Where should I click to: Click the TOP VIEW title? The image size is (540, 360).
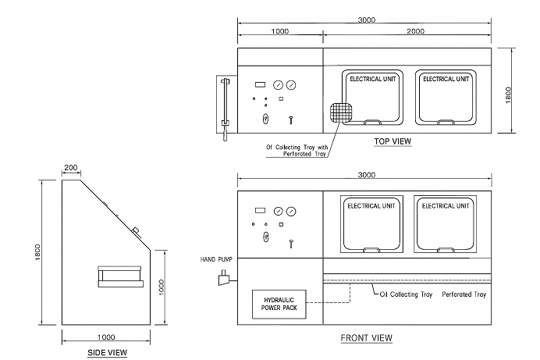coord(393,141)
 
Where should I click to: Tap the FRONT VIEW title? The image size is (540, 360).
coord(367,338)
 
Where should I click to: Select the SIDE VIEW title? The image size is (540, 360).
coord(108,352)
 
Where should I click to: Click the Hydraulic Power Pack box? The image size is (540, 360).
coord(279,305)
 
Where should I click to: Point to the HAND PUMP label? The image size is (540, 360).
coord(216,259)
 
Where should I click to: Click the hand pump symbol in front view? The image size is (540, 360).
coord(224,278)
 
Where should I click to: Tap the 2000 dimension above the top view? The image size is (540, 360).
coord(416,31)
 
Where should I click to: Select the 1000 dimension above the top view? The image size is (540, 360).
coord(280,32)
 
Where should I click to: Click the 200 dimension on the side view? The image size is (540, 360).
coord(71,167)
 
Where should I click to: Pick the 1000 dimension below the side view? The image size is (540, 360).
coord(106,337)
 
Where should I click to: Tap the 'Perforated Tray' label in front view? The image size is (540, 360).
coord(464,294)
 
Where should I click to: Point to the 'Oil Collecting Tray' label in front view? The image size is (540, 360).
coord(406,294)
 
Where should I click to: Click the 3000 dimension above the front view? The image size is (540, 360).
coord(367,175)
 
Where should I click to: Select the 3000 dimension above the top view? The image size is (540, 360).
coord(367,20)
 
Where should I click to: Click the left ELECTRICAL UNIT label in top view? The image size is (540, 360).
coord(373,79)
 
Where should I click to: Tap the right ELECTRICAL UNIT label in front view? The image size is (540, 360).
coord(446,206)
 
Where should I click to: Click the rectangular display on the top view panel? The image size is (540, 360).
coord(260,84)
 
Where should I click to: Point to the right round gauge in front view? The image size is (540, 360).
coord(291,211)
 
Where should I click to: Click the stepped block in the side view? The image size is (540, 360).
coord(120,276)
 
